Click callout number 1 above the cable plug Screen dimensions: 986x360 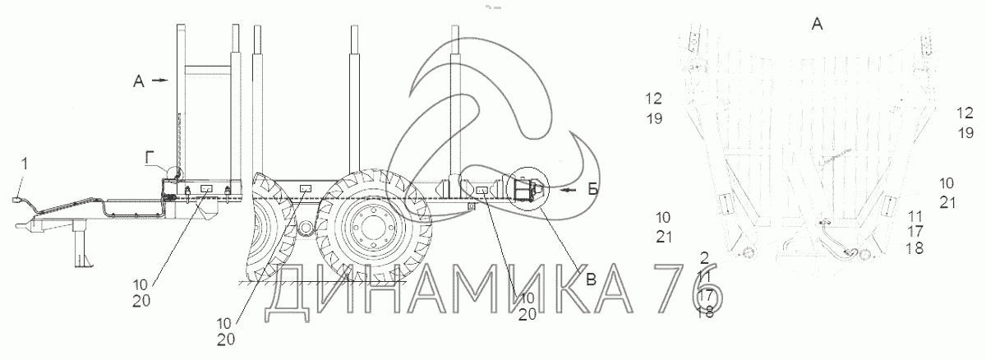(x=25, y=164)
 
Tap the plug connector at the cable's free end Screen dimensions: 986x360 (x=17, y=201)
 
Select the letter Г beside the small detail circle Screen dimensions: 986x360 (x=150, y=157)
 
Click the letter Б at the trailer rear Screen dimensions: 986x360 (x=593, y=190)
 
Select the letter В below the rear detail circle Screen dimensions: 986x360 (x=591, y=279)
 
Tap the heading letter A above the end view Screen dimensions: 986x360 (x=817, y=24)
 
